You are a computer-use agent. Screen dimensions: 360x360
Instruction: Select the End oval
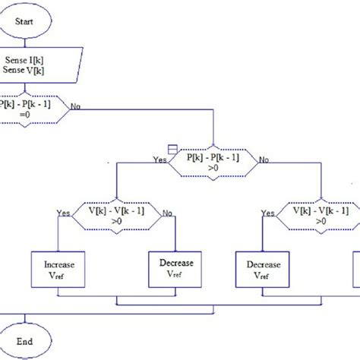click(x=26, y=343)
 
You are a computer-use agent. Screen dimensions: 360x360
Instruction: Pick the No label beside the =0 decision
click(x=76, y=106)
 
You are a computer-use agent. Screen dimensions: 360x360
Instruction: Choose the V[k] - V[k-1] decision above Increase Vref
click(x=115, y=215)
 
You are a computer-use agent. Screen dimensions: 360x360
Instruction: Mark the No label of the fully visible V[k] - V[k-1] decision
click(x=168, y=214)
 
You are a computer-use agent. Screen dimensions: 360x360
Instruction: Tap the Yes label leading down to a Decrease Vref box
click(x=267, y=214)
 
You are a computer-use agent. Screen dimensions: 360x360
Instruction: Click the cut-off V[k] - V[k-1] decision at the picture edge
click(x=322, y=215)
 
